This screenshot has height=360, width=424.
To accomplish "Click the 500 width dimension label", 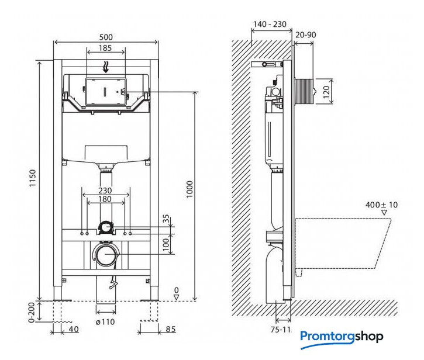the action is coord(106,37).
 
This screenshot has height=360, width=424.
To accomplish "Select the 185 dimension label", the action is coord(105,48).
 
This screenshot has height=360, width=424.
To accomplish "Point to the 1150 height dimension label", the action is coord(32,178).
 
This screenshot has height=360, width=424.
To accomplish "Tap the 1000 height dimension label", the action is coord(189,189).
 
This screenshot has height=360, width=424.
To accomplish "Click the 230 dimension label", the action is coord(105,191).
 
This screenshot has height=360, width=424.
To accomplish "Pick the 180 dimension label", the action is coord(105,199).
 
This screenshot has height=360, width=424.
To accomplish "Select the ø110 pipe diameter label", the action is coord(105,322).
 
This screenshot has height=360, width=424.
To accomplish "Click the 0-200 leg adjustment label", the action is coord(32,313).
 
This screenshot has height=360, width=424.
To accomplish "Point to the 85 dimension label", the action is coord(171,329).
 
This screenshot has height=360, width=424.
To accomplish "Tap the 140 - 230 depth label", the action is coord(270,25).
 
